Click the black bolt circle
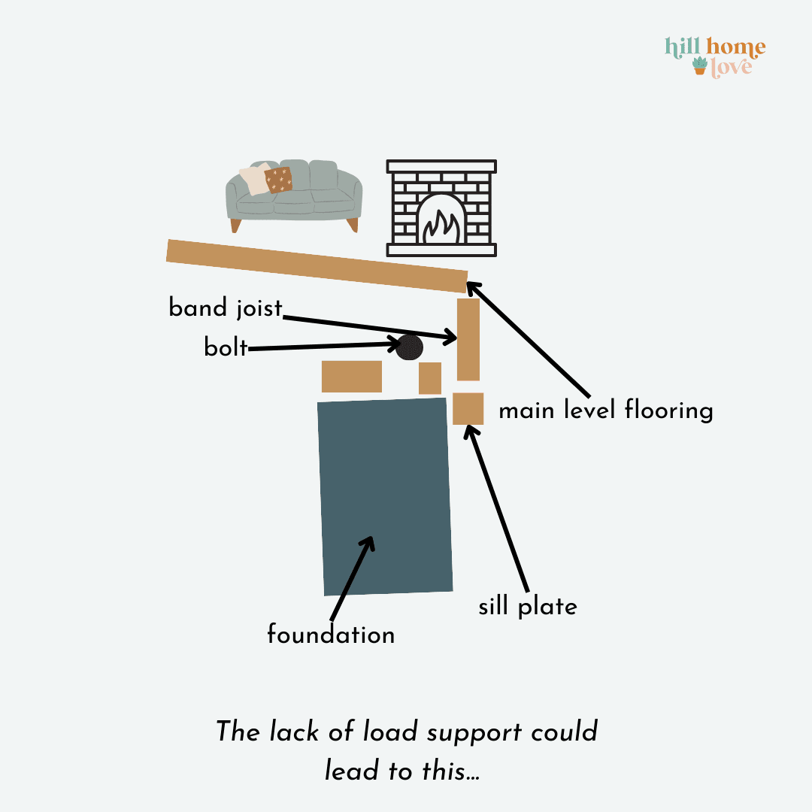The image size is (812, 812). tap(409, 347)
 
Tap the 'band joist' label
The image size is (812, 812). tap(226, 308)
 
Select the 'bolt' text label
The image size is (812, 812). tap(226, 347)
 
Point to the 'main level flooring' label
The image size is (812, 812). tap(606, 410)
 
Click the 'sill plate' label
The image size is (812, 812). tap(528, 607)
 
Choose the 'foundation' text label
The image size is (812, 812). tap(331, 635)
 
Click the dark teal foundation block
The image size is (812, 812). tap(385, 496)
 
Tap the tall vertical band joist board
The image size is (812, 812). tap(468, 339)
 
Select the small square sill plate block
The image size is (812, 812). tap(468, 408)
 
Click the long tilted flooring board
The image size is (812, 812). tap(317, 266)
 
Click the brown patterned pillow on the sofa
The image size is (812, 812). tap(279, 180)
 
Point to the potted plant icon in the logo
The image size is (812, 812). tap(700, 66)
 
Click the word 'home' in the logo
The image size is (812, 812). tap(736, 47)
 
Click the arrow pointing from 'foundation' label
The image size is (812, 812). tap(352, 578)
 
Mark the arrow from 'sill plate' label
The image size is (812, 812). tap(496, 508)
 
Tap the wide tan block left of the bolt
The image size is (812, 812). tap(352, 377)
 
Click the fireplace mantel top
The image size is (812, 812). tap(441, 166)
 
